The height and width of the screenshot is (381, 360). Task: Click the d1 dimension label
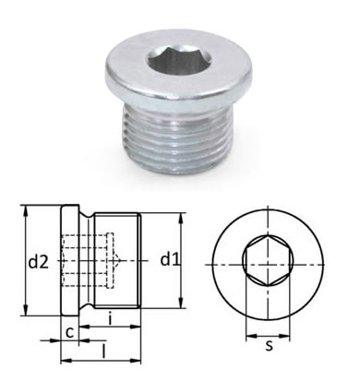170,260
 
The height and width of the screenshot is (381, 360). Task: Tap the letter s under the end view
270,347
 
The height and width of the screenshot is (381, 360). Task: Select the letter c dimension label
70,333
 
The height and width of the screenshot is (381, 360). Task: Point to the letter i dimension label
110,318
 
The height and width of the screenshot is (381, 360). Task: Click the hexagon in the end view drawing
268,261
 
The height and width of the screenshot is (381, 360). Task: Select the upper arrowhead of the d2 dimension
27,212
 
